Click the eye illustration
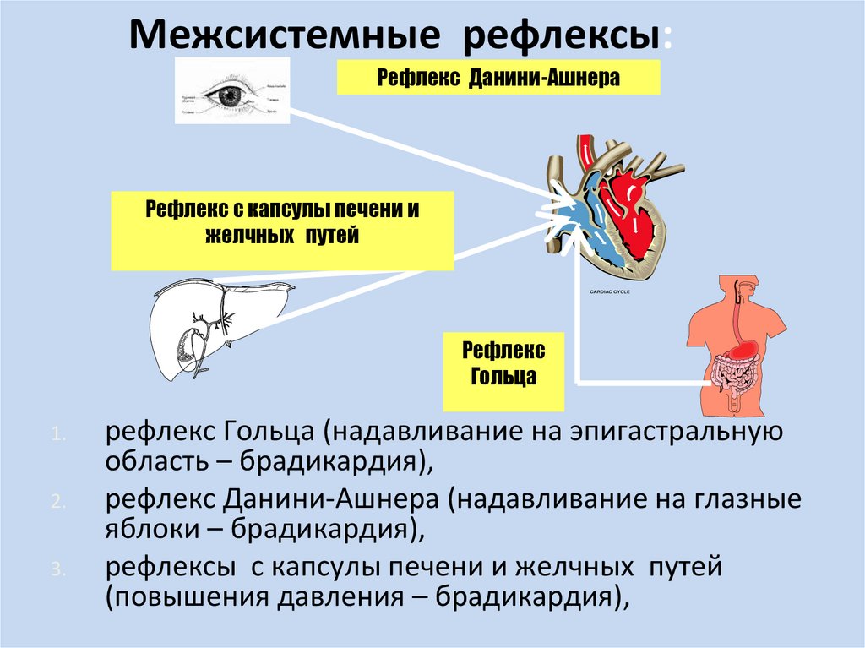pos(231,92)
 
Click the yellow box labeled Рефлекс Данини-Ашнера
pos(498,79)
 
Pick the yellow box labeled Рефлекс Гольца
pos(503,363)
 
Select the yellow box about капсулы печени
pos(282,221)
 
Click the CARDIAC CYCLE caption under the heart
pos(604,292)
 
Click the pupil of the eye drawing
pos(227,95)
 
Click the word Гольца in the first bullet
pos(269,433)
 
